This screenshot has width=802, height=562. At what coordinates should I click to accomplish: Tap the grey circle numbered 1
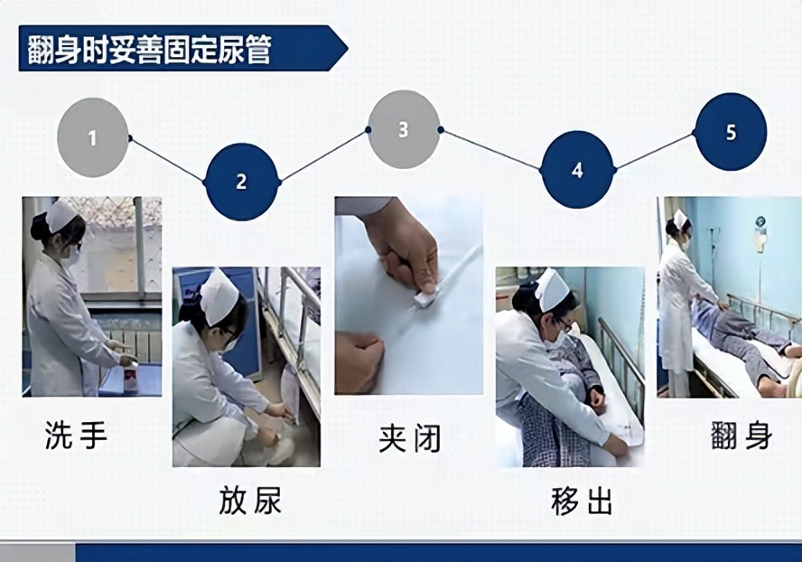click(92, 138)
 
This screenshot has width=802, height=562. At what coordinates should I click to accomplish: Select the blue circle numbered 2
click(241, 182)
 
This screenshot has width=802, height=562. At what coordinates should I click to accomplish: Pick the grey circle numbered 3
click(404, 129)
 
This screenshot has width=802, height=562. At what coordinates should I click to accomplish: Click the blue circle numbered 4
click(577, 170)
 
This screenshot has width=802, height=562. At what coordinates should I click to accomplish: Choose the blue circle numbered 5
click(731, 132)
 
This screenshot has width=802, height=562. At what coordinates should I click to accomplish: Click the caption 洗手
click(76, 436)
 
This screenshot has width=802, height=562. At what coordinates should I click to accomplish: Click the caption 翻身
click(741, 436)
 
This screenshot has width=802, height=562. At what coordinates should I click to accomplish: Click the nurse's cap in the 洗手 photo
click(62, 216)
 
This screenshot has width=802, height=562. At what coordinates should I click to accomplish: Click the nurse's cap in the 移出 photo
click(552, 288)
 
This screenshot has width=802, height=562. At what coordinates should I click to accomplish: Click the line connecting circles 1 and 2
click(167, 160)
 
